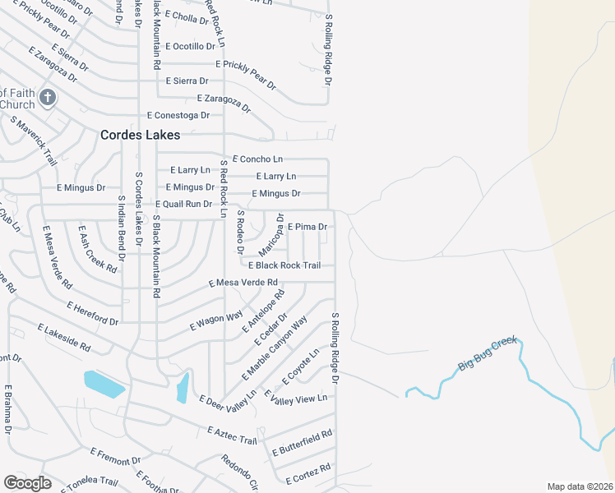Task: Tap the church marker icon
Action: [48, 99]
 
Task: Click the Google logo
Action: [28, 483]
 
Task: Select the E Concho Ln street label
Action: [257, 159]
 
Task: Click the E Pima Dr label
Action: [307, 226]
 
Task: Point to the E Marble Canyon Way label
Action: [275, 348]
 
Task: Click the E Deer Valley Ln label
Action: [228, 399]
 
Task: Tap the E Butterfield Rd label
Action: [302, 442]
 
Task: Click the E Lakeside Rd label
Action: [63, 338]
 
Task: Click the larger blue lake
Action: [104, 383]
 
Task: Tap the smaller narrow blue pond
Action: [183, 388]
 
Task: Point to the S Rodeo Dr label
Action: [240, 229]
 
